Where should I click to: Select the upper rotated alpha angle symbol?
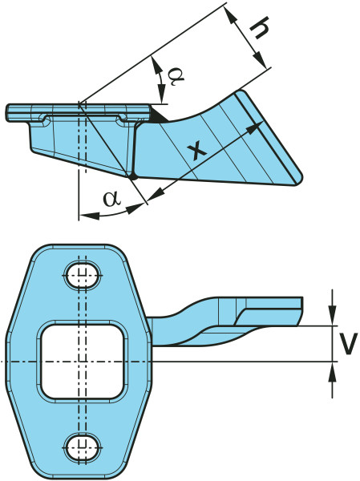pos(176,76)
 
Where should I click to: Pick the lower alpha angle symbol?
pos(111,199)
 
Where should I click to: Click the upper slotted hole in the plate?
pos(83,276)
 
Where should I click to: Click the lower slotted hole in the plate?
pos(83,446)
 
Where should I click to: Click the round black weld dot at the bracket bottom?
pos(132,176)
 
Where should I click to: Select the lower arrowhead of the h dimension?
pos(259,59)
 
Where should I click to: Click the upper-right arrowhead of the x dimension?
pos(254,128)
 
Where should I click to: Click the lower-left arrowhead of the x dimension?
pos(155,196)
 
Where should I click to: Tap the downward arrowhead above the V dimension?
pos(332,315)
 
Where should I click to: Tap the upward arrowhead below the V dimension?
pos(332,372)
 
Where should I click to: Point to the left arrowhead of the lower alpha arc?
pos(89,216)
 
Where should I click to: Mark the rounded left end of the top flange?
pos(9,113)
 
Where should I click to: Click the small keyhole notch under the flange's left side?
pos(44,119)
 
